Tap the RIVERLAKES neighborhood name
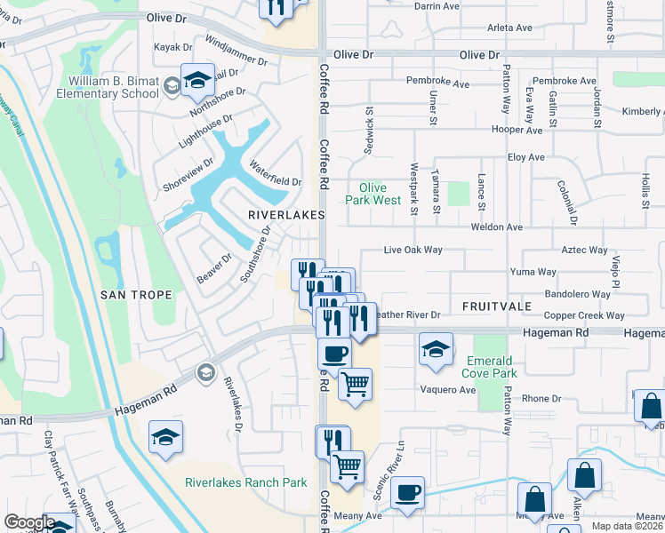tap(284, 215)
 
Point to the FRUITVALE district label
tap(496, 306)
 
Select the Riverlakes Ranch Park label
tap(246, 483)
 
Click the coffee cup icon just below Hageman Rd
tap(334, 354)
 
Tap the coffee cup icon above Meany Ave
tap(407, 491)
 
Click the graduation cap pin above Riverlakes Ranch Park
tap(166, 437)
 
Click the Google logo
tap(29, 522)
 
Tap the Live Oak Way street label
tap(413, 251)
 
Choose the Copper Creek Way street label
tap(584, 315)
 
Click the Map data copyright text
tap(627, 526)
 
